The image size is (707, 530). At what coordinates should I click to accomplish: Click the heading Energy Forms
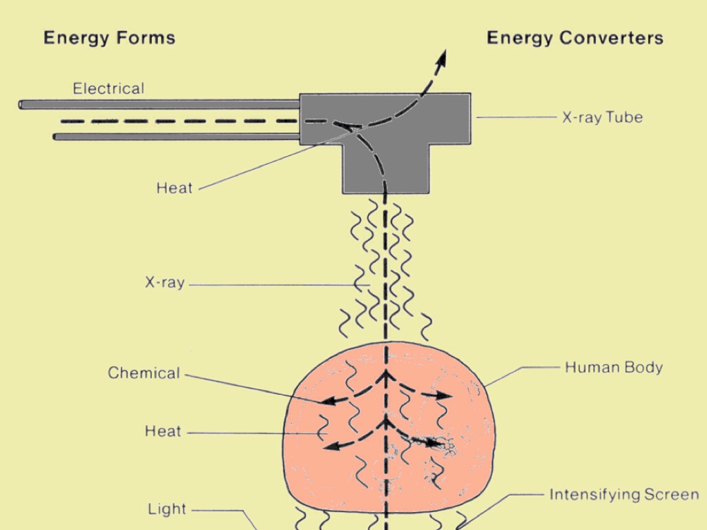(x=109, y=37)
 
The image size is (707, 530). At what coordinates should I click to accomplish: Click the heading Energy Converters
(x=574, y=37)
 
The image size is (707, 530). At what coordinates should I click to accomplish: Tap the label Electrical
(x=108, y=88)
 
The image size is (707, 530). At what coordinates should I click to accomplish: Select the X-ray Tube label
(x=602, y=117)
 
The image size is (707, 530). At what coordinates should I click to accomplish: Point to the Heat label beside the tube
(x=174, y=188)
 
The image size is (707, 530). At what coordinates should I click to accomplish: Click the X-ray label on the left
(x=164, y=282)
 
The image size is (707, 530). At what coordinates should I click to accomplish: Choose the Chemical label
(x=144, y=373)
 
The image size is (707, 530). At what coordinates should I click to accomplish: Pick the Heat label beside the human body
(x=163, y=431)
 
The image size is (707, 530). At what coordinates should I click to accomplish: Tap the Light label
(x=167, y=509)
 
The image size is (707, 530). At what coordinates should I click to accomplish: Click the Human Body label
(x=614, y=367)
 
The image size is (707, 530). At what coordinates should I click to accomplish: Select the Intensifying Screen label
(x=623, y=494)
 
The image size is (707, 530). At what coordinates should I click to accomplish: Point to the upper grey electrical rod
(x=159, y=104)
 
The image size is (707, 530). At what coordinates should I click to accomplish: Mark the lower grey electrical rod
(x=176, y=137)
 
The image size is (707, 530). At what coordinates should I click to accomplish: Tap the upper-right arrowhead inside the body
(x=445, y=396)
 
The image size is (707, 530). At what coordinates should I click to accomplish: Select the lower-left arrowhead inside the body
(x=332, y=446)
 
